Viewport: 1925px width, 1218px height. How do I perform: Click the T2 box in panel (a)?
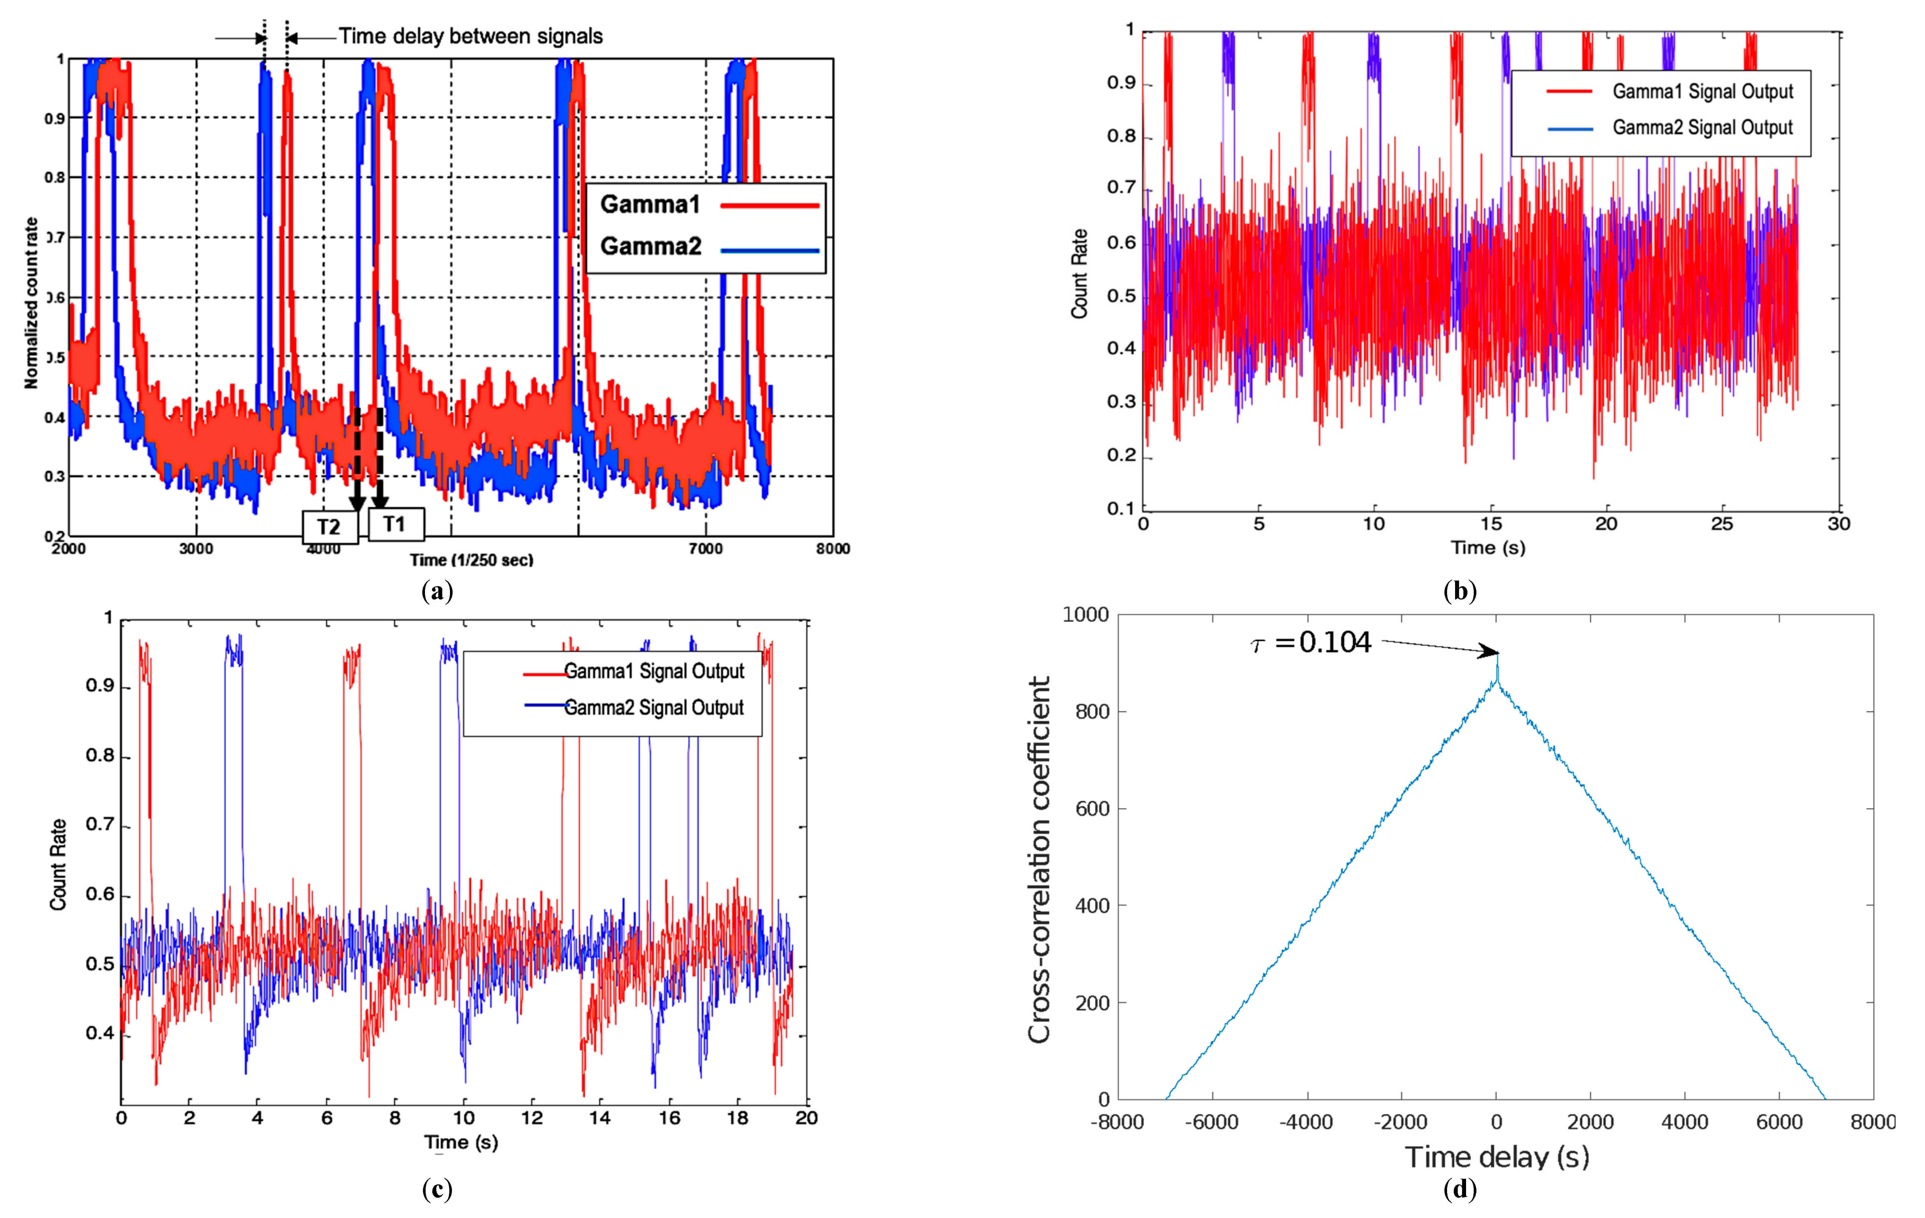tap(329, 527)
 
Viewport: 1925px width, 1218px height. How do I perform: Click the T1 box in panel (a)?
tap(395, 524)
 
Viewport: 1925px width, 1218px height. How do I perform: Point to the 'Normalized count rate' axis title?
tap(31, 304)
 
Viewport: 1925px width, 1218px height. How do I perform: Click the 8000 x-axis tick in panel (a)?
tap(832, 548)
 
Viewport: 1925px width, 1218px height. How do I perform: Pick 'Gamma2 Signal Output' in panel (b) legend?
tap(1702, 128)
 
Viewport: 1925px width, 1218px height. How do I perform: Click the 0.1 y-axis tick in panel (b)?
tap(1121, 508)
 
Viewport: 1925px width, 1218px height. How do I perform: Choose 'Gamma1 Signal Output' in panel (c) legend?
tap(653, 671)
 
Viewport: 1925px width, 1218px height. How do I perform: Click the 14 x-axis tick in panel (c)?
tap(599, 1118)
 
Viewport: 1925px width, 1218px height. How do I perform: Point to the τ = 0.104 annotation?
tap(1311, 642)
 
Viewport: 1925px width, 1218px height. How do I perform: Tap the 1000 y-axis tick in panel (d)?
tap(1085, 614)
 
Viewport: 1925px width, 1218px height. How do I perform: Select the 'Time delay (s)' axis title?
tap(1496, 1156)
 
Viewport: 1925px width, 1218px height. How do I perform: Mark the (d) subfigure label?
tap(1460, 1189)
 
